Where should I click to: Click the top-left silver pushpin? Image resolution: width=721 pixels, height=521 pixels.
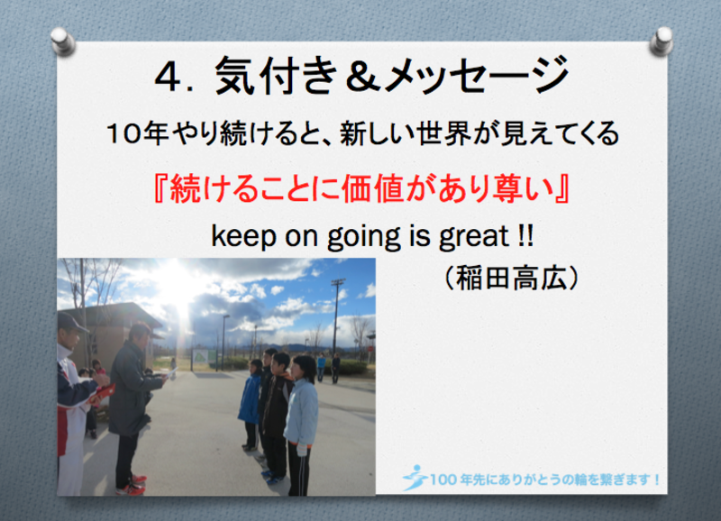coord(62,41)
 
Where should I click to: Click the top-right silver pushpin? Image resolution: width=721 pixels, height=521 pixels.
coord(662,41)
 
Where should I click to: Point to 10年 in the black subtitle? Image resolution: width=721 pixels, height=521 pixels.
coord(137,133)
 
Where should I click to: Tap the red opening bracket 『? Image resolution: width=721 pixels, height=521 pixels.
coord(160,189)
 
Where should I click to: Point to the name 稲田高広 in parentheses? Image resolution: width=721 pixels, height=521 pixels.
coord(510,279)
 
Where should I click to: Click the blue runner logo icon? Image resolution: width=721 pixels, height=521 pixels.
coord(415,479)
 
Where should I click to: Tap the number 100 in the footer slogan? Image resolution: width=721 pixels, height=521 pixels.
coord(443,480)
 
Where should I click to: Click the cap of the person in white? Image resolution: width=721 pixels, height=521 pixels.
coord(70,321)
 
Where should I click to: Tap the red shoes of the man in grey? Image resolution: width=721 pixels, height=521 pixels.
coord(132,486)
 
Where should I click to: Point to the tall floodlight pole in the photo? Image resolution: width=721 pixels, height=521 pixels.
coord(336,317)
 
